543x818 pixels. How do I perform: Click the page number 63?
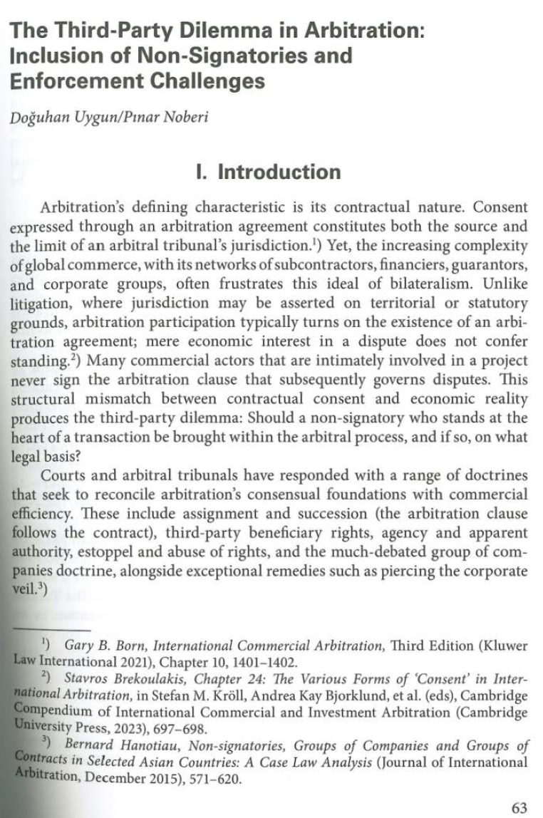click(519, 807)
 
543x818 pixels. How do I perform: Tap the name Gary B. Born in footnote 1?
click(98, 646)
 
